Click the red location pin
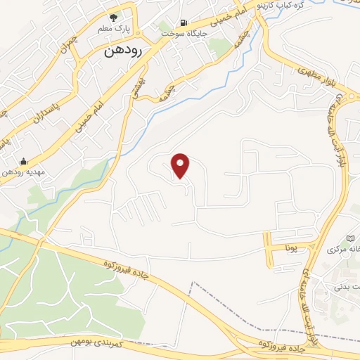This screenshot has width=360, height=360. coord(181,165)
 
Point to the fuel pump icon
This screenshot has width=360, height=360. coord(184,22)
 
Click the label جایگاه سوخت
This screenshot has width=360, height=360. coord(184,34)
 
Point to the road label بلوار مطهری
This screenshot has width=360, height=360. coord(304,70)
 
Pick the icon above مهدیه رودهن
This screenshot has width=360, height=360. coord(24,161)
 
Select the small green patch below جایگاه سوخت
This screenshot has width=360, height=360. coord(220,47)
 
